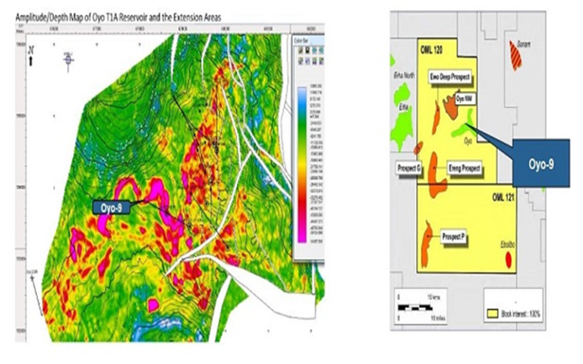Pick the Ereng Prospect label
pos(462,168)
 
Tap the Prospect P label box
pos(453,237)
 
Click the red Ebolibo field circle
pos(509,262)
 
